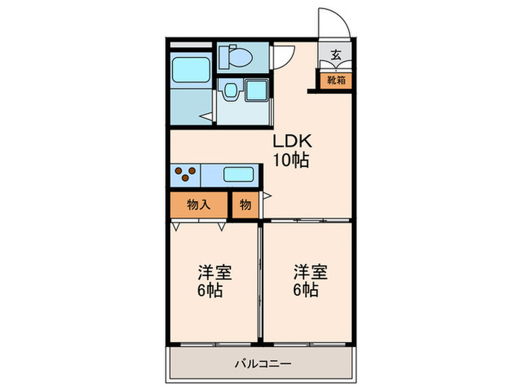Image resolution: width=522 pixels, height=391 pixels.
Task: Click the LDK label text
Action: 292,141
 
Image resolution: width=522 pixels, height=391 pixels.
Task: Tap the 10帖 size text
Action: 291,160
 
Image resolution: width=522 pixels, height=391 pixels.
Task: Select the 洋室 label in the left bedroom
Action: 215,273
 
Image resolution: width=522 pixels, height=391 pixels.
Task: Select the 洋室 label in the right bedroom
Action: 310,273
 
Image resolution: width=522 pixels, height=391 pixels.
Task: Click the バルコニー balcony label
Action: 263,363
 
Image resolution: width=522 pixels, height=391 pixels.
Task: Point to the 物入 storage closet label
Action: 199,205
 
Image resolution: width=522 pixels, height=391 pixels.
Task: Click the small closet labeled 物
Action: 245,205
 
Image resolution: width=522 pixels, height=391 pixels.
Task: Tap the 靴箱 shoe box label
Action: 336,80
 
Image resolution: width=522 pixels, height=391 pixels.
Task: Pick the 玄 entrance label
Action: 336,54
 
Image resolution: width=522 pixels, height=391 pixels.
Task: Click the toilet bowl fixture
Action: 236,57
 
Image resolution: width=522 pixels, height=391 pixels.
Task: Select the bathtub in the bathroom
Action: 191,70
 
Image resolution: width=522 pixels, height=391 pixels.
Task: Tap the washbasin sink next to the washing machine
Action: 230,90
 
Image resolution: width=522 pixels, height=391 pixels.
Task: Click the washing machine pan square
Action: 257,90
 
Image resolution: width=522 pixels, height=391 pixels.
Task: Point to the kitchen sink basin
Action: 239,174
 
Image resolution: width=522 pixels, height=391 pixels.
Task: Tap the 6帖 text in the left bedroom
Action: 210,290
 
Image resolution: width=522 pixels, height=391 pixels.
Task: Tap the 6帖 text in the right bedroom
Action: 306,290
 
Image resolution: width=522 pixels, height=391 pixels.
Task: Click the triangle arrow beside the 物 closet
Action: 267,196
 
